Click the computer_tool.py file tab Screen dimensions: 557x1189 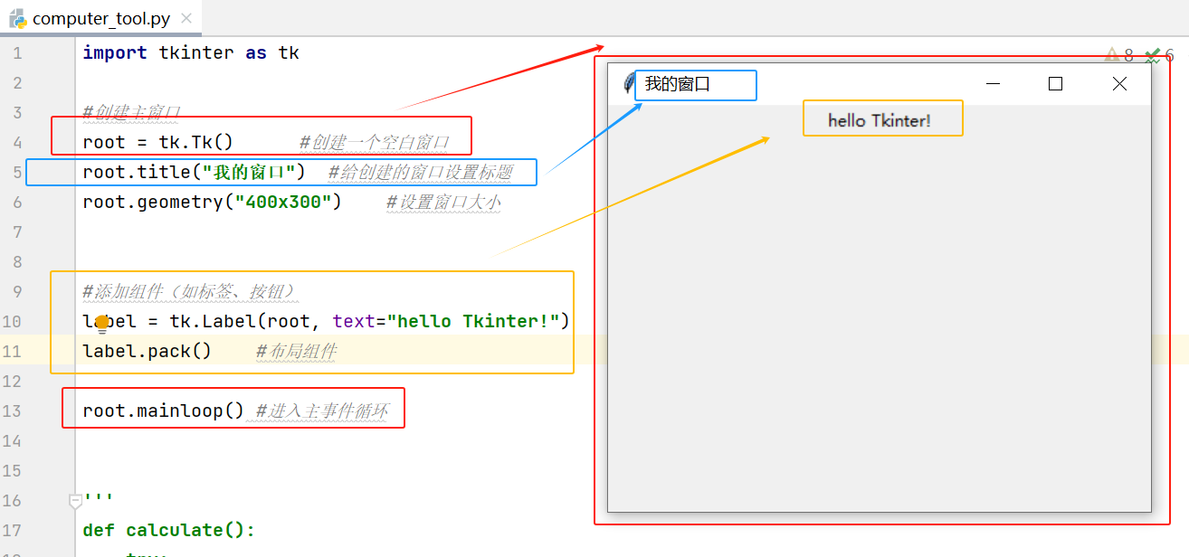[x=100, y=18]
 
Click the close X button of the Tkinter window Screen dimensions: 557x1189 [x=1119, y=84]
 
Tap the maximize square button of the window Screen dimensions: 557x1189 [x=1055, y=84]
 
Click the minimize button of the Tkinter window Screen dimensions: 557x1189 [x=993, y=84]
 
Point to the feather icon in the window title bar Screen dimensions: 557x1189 [x=629, y=84]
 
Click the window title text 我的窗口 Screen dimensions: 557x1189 [x=677, y=85]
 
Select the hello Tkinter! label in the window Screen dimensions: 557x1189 [x=879, y=120]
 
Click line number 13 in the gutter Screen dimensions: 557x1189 [x=12, y=411]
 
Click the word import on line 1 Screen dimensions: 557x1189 [x=115, y=52]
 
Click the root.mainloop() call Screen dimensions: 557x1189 [x=163, y=411]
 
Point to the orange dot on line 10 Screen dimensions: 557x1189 [x=102, y=322]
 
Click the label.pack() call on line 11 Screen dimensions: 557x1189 [x=147, y=351]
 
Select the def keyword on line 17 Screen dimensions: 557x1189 [x=99, y=530]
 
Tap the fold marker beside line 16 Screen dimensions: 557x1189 [x=76, y=500]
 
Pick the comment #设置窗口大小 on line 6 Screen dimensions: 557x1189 [x=443, y=202]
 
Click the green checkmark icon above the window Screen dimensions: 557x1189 [x=1152, y=56]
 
